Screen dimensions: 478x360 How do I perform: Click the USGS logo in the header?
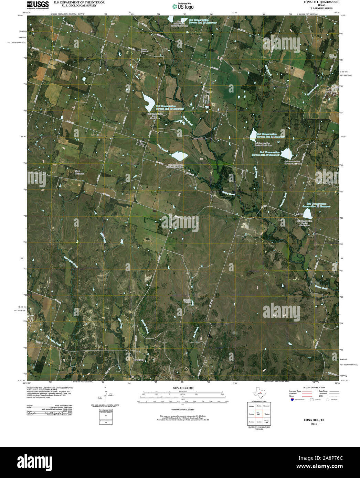pos(38,4)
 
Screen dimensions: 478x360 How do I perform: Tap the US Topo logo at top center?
pos(183,6)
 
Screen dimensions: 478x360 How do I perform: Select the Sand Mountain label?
pos(80,172)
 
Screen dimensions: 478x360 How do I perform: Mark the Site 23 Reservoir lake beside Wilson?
pos(307,214)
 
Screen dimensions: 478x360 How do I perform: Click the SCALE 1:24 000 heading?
pos(183,388)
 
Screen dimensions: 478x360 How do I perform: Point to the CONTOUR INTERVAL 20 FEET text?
pos(183,410)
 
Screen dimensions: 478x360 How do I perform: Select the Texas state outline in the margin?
pos(258,392)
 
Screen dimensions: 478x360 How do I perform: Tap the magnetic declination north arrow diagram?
pos(106,395)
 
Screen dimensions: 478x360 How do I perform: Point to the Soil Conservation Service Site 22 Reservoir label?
pos(265,153)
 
